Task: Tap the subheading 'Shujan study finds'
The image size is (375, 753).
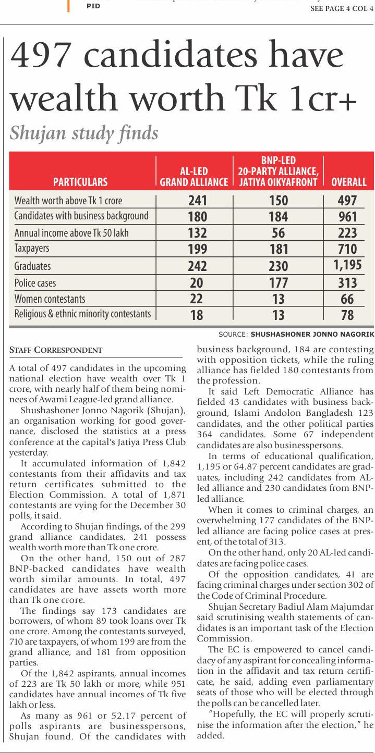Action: pyautogui.click(x=84, y=133)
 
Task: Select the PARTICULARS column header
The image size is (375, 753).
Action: pyautogui.click(x=80, y=182)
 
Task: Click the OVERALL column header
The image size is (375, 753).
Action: pyautogui.click(x=349, y=182)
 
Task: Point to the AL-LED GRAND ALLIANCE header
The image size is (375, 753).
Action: pyautogui.click(x=193, y=177)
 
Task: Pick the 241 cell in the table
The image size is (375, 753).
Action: pyautogui.click(x=197, y=201)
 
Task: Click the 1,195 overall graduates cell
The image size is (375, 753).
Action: pyautogui.click(x=347, y=265)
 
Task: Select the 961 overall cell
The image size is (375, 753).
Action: pyautogui.click(x=347, y=217)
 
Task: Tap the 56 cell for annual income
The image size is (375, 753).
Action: pyautogui.click(x=278, y=233)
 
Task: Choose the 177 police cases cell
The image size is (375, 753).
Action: pyautogui.click(x=278, y=283)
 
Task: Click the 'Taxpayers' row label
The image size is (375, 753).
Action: pyautogui.click(x=32, y=249)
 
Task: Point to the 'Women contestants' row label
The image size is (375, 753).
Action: pyautogui.click(x=50, y=299)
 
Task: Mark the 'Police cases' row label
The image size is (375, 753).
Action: pyautogui.click(x=35, y=283)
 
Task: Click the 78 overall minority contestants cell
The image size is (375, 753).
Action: pyautogui.click(x=347, y=315)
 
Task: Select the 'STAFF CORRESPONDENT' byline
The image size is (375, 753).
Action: pyautogui.click(x=56, y=350)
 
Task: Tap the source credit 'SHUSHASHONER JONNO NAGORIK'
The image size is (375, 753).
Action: pyautogui.click(x=312, y=335)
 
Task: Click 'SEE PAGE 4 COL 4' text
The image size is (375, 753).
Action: pyautogui.click(x=342, y=8)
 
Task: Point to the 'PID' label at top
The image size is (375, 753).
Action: pyautogui.click(x=93, y=6)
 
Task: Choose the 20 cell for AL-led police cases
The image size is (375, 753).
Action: pyautogui.click(x=197, y=283)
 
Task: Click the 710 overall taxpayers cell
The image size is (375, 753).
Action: pyautogui.click(x=347, y=249)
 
